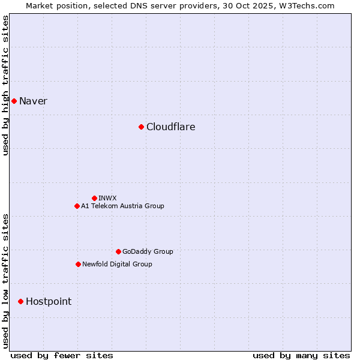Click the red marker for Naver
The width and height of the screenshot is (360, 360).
pos(14,101)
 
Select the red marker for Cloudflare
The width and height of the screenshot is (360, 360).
pos(141,127)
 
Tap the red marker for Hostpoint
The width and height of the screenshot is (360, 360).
pos(20,301)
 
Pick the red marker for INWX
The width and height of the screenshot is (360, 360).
pos(94,198)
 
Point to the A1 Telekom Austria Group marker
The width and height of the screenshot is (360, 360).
pos(77,206)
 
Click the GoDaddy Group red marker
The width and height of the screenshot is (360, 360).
pos(118,251)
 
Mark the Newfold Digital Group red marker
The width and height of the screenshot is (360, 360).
pos(78,264)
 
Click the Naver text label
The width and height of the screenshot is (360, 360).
pos(33,101)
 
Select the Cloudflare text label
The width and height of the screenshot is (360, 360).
pos(170,127)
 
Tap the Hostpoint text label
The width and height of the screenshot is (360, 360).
pos(48,301)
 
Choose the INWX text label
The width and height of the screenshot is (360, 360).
pos(107,198)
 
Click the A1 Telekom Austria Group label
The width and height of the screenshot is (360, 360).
pos(122,206)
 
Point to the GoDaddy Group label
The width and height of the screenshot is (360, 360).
pos(148,251)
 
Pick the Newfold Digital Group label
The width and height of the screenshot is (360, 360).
pos(117,264)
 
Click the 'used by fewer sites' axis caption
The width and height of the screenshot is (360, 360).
pos(62,355)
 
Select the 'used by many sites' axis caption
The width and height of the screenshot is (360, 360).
pos(301,355)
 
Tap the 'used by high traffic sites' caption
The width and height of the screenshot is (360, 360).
pos(5,85)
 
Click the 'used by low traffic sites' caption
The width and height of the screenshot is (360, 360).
pos(5,281)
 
